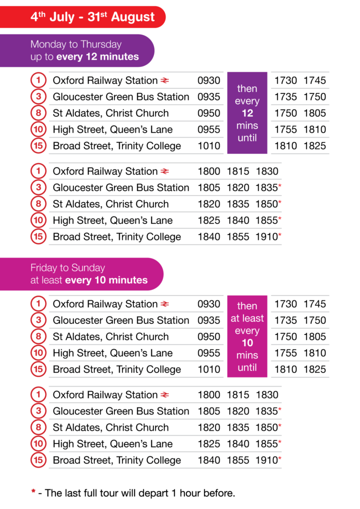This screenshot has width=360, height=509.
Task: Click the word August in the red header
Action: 133,17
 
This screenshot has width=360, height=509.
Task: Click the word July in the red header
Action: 61,17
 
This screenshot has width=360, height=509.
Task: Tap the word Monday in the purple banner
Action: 48,44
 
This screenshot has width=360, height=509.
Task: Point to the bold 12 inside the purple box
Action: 247,113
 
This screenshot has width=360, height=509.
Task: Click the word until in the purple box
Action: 247,137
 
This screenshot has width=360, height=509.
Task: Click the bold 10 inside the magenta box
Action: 247,343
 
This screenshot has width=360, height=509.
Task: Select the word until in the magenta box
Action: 247,367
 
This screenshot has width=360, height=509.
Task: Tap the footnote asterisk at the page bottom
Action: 33,491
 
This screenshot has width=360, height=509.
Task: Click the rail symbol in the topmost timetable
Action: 164,80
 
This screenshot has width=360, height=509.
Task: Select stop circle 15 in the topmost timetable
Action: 38,145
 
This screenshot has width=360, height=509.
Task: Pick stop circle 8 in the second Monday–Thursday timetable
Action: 38,203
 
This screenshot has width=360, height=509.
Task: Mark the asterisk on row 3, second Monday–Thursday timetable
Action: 279,185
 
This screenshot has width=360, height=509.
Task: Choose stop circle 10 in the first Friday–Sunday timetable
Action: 38,352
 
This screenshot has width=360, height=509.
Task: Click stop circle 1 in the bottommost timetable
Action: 38,394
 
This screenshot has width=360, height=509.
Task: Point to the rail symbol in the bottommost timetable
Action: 164,394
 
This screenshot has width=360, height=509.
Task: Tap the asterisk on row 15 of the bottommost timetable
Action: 279,458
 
